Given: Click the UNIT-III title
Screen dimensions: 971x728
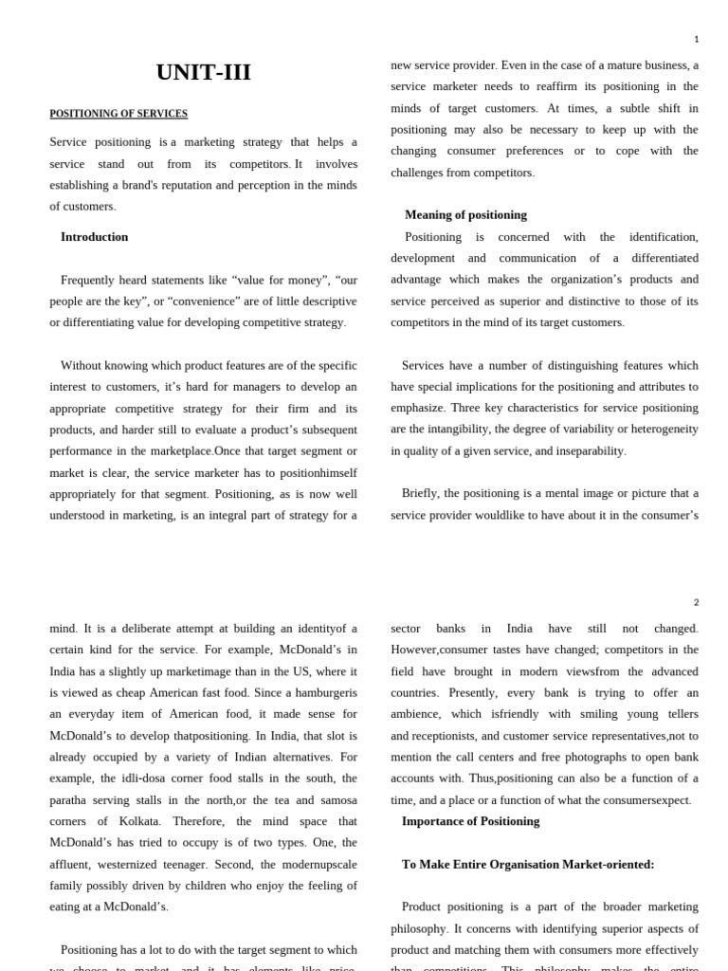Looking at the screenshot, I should [203, 72].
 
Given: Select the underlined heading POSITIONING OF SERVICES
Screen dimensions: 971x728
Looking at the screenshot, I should [118, 114].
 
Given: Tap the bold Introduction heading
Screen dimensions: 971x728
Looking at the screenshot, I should [94, 237].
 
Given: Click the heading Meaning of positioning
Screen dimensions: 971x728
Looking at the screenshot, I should [465, 215].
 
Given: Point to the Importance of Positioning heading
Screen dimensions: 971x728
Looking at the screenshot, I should [470, 821].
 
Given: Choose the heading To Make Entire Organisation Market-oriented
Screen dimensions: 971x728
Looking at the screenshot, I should [528, 865].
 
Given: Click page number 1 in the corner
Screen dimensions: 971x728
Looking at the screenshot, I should [696, 39].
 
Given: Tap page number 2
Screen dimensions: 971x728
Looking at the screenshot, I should [696, 602].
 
